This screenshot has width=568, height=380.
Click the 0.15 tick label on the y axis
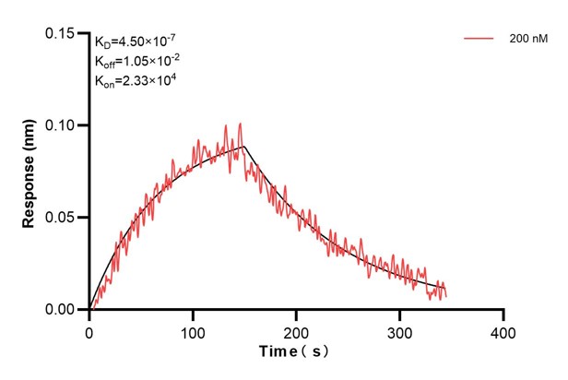(x=63, y=33)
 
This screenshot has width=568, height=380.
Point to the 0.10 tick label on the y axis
(x=63, y=125)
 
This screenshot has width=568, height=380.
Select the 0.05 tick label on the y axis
(x=63, y=218)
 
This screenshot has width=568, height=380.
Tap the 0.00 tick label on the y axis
(x=63, y=310)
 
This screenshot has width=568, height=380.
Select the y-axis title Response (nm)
(x=29, y=172)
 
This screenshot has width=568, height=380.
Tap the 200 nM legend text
(x=527, y=40)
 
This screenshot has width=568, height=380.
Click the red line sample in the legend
(x=479, y=40)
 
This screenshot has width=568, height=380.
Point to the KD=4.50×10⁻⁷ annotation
(x=136, y=41)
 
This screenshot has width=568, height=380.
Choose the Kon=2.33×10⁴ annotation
(x=136, y=81)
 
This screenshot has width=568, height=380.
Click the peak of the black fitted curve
(x=244, y=146)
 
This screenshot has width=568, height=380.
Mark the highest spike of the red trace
(x=241, y=123)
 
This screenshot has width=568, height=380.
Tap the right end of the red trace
(x=446, y=293)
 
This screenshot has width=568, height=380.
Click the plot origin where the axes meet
(x=89, y=310)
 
